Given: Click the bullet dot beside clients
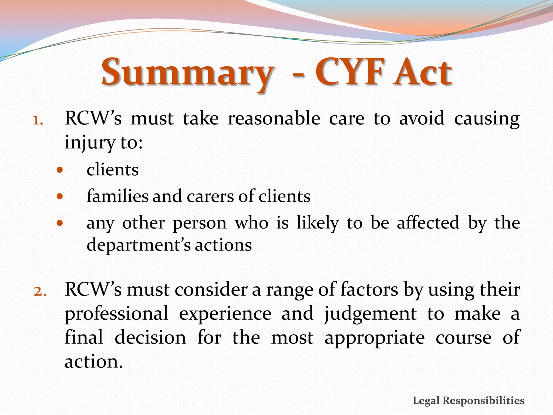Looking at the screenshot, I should tap(60, 170).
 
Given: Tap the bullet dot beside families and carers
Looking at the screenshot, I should tap(60, 196).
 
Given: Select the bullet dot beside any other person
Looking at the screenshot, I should tap(60, 223).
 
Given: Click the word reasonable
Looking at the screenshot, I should tap(274, 118).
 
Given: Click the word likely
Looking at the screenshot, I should tap(318, 223).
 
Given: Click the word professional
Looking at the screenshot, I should tap(116, 314).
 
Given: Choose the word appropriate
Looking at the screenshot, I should tap(375, 338).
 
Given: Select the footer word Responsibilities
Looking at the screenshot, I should tap(484, 400).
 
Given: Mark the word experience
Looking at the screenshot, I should tap(225, 314).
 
